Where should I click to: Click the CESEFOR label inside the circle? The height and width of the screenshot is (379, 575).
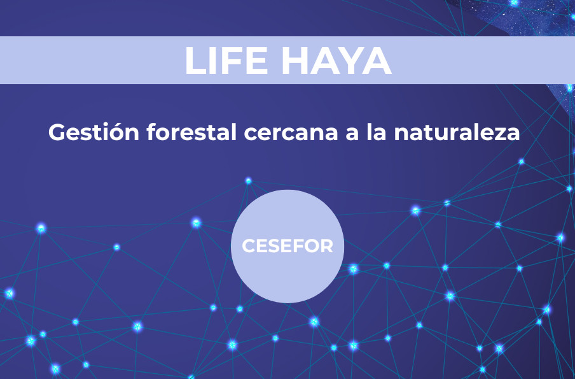tap(287, 246)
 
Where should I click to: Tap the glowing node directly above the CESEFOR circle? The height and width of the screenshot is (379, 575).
tap(248, 181)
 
